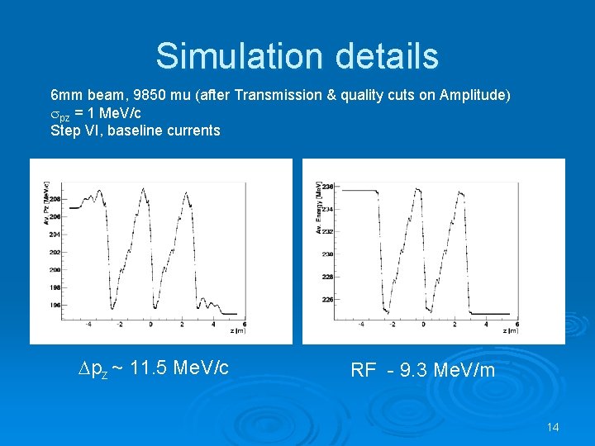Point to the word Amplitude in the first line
pyautogui.click(x=474, y=95)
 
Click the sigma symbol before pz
pyautogui.click(x=55, y=113)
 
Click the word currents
pyautogui.click(x=193, y=130)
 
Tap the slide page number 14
pyautogui.click(x=553, y=427)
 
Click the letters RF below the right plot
pyautogui.click(x=364, y=370)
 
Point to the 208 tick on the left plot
pyautogui.click(x=55, y=199)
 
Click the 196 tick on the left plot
pyautogui.click(x=55, y=305)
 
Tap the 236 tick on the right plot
pyautogui.click(x=327, y=187)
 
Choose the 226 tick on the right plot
pyautogui.click(x=327, y=299)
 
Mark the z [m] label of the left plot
pyautogui.click(x=240, y=331)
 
